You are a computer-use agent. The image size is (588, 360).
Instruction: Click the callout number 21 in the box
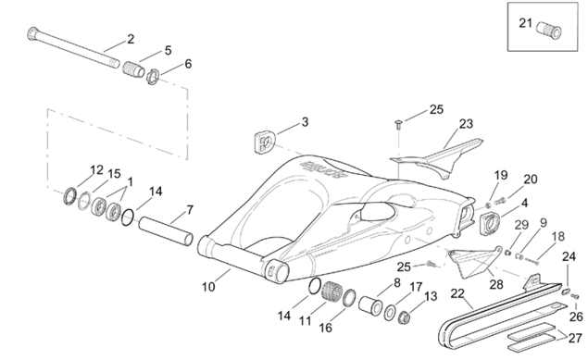(525, 23)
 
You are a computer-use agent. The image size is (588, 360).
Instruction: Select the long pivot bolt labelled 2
(73, 47)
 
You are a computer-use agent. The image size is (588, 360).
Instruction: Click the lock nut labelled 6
(153, 76)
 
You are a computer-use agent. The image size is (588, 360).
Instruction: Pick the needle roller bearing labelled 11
(332, 291)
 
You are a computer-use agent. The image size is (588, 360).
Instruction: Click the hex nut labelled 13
(405, 317)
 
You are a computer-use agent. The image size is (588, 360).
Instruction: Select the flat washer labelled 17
(390, 313)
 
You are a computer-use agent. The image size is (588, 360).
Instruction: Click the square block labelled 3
(265, 142)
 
